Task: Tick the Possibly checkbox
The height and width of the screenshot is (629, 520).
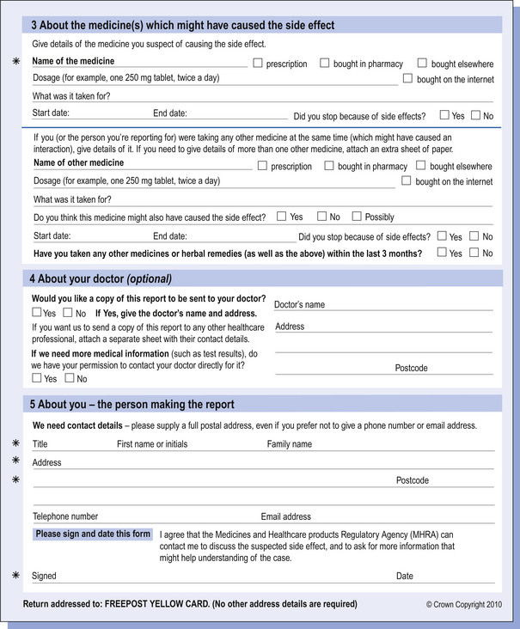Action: (358, 217)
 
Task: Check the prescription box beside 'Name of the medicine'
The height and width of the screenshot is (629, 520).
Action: (258, 63)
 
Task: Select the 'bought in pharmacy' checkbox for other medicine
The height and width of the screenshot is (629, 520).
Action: (329, 166)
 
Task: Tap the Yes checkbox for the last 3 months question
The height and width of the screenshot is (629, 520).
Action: (443, 253)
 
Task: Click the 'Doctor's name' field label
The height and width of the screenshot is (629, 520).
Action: (299, 305)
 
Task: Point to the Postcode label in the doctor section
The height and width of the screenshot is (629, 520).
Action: (411, 368)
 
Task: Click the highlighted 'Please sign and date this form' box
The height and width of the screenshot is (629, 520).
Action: (93, 534)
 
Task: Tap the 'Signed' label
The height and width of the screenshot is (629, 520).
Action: (44, 576)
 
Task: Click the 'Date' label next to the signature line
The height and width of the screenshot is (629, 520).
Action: (404, 576)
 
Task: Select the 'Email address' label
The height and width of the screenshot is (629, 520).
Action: (286, 516)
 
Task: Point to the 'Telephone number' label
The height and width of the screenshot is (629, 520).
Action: (65, 516)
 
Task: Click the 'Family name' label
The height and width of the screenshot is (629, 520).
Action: (290, 444)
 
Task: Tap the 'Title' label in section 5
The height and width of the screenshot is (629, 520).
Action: (40, 444)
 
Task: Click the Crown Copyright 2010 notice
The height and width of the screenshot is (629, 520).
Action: (463, 604)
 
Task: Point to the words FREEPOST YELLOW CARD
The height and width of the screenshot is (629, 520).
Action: (158, 604)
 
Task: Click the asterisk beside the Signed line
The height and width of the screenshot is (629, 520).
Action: (15, 575)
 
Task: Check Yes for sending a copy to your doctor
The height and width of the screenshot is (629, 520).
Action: (37, 313)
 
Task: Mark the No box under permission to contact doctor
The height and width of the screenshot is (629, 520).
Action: (70, 377)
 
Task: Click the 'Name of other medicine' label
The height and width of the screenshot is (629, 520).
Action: (78, 163)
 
